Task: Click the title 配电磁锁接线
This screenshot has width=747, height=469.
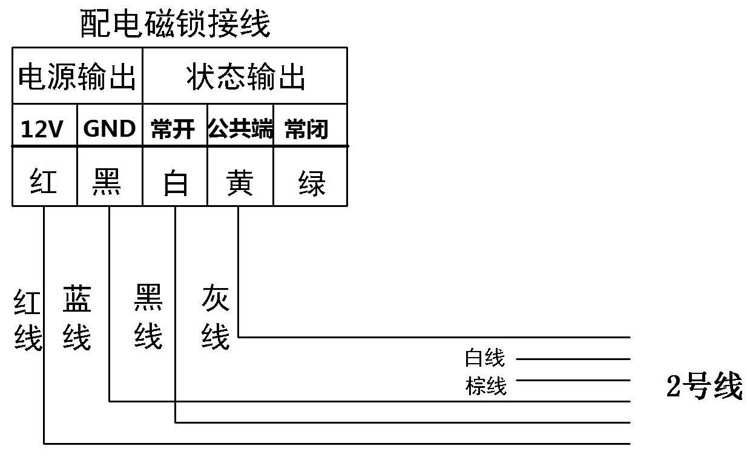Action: tap(175, 24)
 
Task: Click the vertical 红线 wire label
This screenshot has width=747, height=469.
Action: tap(28, 320)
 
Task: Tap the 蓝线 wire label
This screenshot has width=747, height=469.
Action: tap(77, 318)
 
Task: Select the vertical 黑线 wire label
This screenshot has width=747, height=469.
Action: tap(148, 316)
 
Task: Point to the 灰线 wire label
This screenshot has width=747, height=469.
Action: tap(216, 316)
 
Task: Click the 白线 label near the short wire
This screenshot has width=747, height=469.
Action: tap(485, 358)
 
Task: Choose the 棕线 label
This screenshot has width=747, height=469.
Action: tap(486, 386)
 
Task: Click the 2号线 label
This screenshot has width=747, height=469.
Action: tap(704, 385)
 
